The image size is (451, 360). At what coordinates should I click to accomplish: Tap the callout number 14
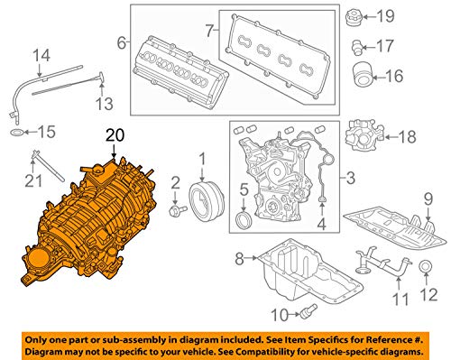pyautogui.click(x=38, y=57)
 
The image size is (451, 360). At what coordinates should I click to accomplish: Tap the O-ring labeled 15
pyautogui.click(x=17, y=133)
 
